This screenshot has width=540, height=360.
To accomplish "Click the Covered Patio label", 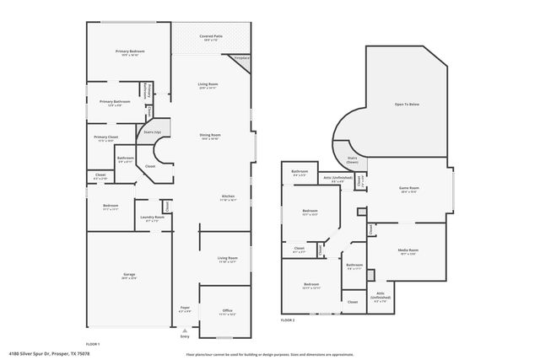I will click(x=211, y=36).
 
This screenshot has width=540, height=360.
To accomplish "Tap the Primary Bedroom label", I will click(x=131, y=51).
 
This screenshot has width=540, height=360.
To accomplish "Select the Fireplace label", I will click(x=242, y=58).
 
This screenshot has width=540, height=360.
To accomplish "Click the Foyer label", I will click(x=185, y=308).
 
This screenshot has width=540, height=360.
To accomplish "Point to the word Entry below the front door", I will click(x=185, y=336).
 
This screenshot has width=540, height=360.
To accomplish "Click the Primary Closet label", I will click(x=105, y=137).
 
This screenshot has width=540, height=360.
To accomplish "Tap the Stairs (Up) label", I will click(x=153, y=132).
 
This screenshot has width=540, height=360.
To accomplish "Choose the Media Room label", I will click(x=408, y=250).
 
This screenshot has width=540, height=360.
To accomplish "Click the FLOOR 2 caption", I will click(x=288, y=320).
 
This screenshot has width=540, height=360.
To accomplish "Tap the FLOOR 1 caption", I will click(x=93, y=343).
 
